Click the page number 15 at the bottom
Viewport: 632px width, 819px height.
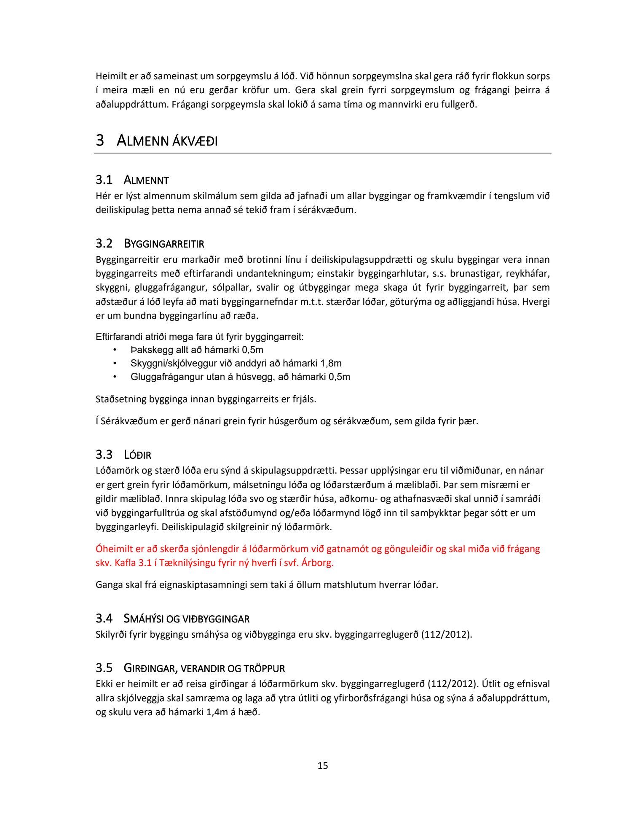(322, 765)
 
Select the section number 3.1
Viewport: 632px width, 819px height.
(104, 180)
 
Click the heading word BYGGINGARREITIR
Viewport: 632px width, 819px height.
(164, 244)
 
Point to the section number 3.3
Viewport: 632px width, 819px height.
(104, 455)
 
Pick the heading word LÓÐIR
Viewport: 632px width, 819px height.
(137, 455)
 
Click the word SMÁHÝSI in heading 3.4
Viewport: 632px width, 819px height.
(144, 619)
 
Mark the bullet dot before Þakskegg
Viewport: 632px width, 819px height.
(114, 350)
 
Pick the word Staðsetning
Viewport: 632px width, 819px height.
(121, 399)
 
